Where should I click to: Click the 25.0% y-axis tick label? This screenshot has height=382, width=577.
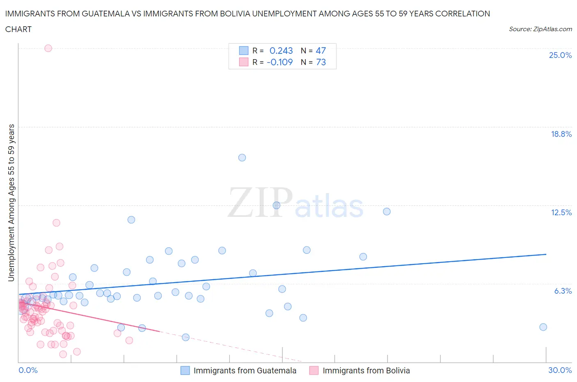[560, 55]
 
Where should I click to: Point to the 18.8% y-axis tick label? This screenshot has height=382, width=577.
[561, 134]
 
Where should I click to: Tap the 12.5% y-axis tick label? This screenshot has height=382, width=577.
[561, 212]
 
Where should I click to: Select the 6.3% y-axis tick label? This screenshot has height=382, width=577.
[563, 291]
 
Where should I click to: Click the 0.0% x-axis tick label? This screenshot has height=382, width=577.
[28, 370]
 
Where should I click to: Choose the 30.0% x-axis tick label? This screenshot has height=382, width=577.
[560, 370]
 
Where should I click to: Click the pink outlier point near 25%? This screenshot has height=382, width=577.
[48, 48]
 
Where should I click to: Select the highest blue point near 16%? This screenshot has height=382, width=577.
[242, 158]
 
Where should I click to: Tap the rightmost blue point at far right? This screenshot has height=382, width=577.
[543, 327]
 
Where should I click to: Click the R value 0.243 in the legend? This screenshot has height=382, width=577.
[281, 51]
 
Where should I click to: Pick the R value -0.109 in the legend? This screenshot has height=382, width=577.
[279, 62]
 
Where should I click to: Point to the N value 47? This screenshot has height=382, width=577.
[321, 51]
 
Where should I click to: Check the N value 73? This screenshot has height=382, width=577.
[321, 62]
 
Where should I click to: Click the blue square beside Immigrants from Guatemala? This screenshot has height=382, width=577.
[185, 370]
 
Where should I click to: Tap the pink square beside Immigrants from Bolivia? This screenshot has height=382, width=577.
[314, 370]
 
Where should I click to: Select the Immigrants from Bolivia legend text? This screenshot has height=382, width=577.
[366, 370]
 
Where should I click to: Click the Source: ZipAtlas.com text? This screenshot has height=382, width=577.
[540, 29]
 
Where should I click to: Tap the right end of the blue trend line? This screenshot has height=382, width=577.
[546, 254]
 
